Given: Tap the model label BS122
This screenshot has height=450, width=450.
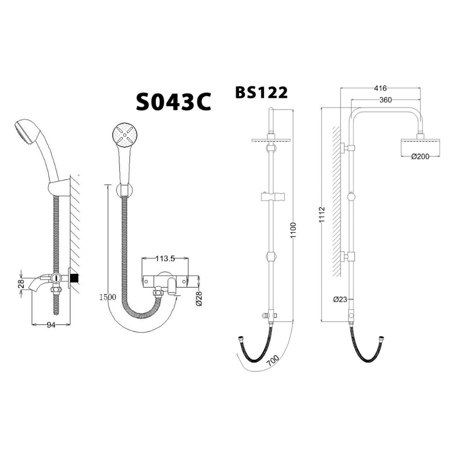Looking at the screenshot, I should tap(261, 92).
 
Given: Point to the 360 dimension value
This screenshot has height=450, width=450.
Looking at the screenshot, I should tap(385, 100).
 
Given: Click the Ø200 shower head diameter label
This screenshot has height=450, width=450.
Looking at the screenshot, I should tap(419, 156).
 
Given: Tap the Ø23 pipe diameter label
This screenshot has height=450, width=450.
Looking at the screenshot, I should tap(340, 299).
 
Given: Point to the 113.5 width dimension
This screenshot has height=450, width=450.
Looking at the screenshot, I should tap(165, 258).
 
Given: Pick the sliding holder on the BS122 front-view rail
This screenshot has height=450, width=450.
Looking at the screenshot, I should tap(272, 198).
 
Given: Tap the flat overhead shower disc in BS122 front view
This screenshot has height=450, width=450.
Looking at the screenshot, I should tap(271, 139).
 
